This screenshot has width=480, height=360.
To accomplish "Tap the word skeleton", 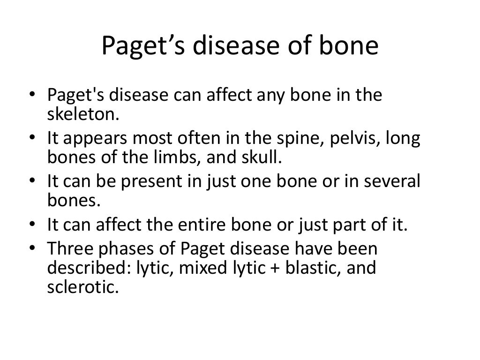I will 79,112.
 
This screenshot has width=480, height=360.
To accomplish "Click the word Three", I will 71,248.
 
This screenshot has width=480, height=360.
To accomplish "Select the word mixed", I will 199,269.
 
